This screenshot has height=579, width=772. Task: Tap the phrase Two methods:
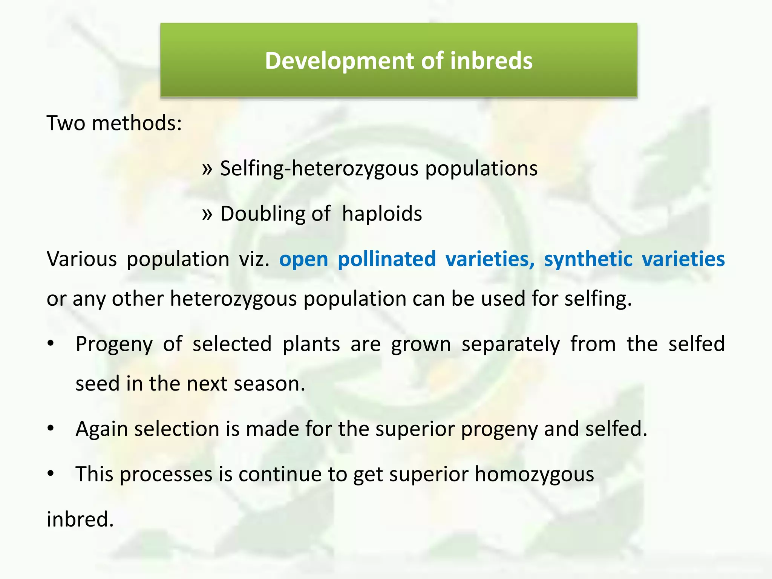click(x=114, y=123)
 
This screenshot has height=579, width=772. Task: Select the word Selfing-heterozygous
click(x=319, y=168)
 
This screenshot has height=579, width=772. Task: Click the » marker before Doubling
click(x=207, y=214)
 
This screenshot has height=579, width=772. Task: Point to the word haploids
click(x=382, y=214)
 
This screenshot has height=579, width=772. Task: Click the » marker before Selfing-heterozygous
click(x=207, y=168)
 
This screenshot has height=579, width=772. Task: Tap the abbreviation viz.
click(x=254, y=259)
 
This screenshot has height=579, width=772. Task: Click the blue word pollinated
click(x=386, y=259)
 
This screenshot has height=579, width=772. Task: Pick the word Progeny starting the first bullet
click(x=114, y=345)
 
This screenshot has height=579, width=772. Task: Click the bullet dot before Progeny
click(x=51, y=344)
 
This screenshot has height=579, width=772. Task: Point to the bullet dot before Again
click(x=51, y=429)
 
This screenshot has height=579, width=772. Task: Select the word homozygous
click(x=534, y=474)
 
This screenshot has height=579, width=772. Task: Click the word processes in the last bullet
click(x=166, y=474)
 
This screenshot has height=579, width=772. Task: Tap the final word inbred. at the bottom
click(x=80, y=519)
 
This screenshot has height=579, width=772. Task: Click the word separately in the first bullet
click(x=510, y=345)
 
